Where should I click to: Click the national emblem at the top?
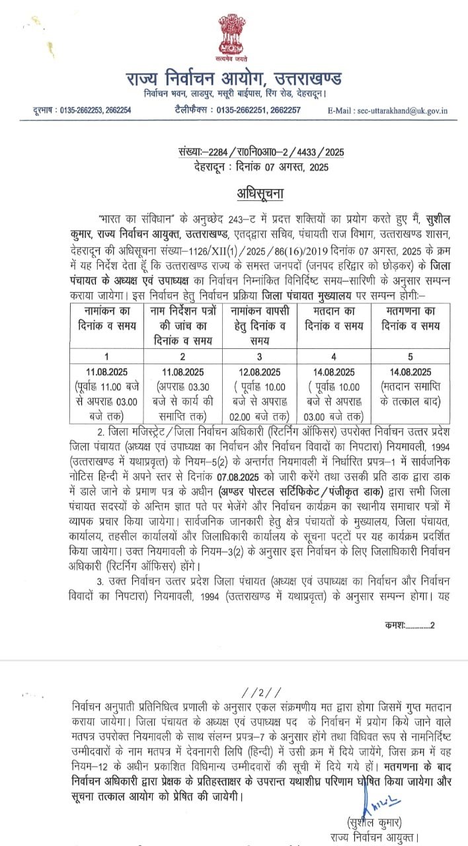pyautogui.click(x=233, y=36)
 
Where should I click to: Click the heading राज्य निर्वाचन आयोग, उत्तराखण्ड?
pyautogui.click(x=233, y=80)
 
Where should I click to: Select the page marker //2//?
pyautogui.click(x=253, y=693)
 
